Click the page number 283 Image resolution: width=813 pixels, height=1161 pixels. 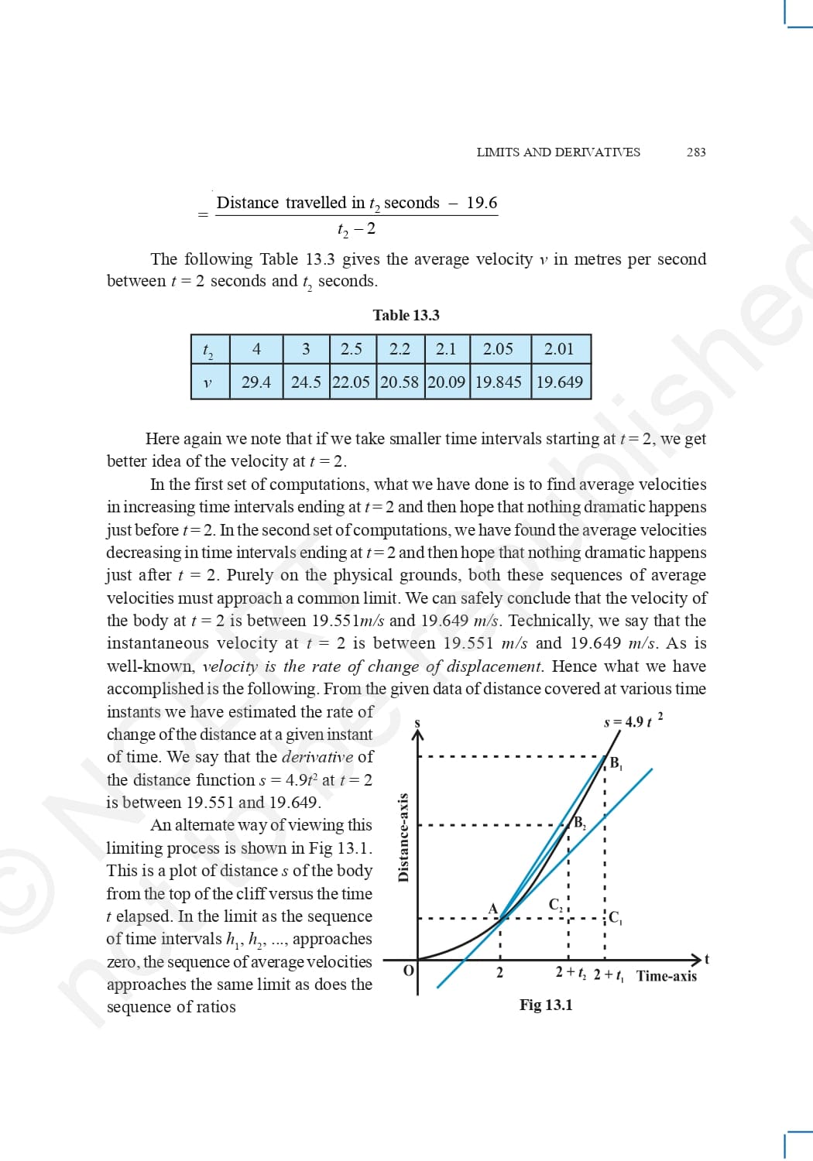click(x=696, y=152)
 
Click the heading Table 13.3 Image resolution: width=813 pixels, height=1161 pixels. click(x=406, y=315)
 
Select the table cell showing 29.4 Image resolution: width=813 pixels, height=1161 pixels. click(x=256, y=382)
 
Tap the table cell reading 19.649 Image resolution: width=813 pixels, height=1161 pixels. click(x=559, y=382)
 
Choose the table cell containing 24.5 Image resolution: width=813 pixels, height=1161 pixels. click(x=306, y=382)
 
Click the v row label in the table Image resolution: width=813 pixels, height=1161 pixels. click(x=208, y=382)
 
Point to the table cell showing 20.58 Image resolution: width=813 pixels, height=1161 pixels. click(x=400, y=382)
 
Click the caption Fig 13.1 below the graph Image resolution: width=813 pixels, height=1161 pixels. click(x=546, y=1005)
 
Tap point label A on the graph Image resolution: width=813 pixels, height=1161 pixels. click(x=492, y=908)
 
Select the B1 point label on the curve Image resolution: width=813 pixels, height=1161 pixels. click(x=616, y=763)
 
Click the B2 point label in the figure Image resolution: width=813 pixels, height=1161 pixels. click(x=579, y=823)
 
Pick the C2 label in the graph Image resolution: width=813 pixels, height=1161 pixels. click(x=556, y=904)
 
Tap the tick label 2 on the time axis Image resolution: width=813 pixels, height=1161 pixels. click(x=499, y=973)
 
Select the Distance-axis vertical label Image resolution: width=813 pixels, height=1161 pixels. click(x=403, y=837)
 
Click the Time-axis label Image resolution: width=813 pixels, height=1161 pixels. click(x=666, y=976)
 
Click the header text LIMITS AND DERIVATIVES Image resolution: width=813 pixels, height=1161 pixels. click(x=558, y=152)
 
